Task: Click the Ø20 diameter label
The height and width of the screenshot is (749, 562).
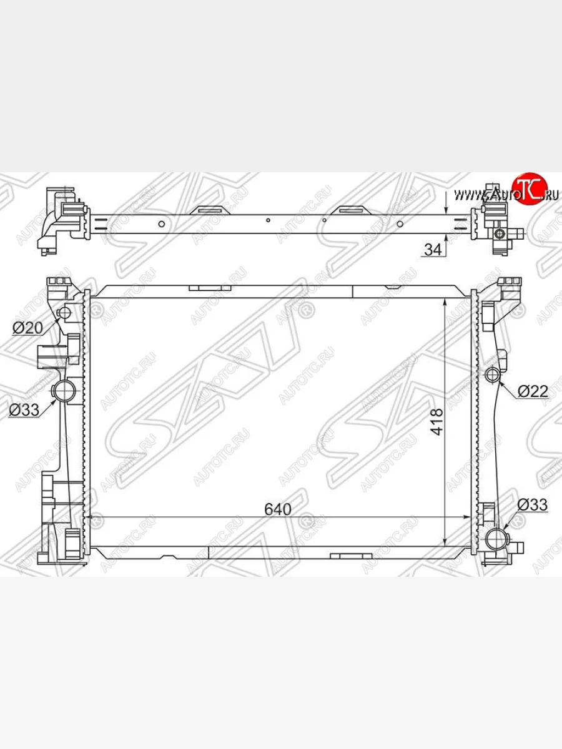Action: point(27,328)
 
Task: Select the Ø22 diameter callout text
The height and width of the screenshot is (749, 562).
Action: point(533,391)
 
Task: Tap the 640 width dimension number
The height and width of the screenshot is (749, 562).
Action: point(278,509)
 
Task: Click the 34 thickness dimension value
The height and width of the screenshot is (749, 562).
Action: point(433,250)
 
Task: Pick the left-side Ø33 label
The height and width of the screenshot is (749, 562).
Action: point(24,410)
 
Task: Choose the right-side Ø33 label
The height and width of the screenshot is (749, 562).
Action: point(532,504)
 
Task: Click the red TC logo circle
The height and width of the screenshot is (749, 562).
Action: point(530,188)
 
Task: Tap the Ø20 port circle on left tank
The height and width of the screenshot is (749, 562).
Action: point(64,312)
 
